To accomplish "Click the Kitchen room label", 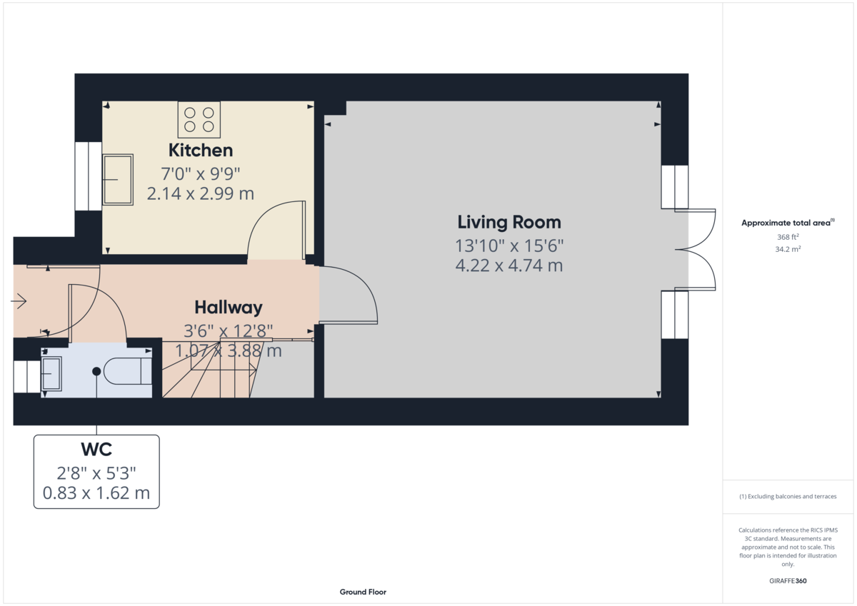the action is (201, 151).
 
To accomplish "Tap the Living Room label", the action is (509, 222).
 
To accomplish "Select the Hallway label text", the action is (229, 308).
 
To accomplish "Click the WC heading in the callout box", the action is (96, 450).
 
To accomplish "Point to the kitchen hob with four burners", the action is (199, 120).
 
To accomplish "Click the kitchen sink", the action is (118, 179).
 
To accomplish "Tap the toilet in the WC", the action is (128, 371).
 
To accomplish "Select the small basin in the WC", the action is (51, 373).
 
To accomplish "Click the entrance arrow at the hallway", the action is (19, 301).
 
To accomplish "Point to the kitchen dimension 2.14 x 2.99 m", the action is (201, 194).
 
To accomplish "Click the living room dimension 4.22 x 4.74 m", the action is (509, 266).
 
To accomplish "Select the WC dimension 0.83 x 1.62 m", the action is (96, 493).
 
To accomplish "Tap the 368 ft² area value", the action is (788, 237).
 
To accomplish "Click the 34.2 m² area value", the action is (788, 249).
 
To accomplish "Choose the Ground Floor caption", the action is (363, 592).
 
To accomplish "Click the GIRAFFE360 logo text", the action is (788, 581).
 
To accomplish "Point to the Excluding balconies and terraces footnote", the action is (788, 496).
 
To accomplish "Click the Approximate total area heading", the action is (788, 223).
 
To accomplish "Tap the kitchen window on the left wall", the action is (89, 176).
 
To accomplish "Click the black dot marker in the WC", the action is (96, 371).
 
